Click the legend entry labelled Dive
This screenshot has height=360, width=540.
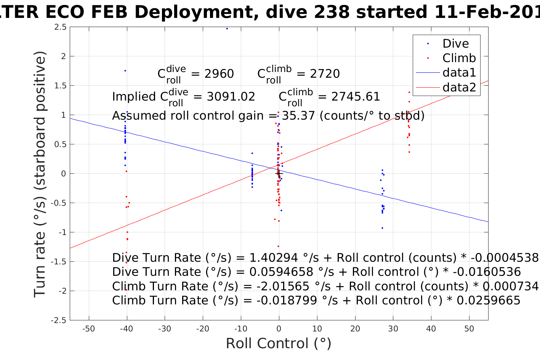[x=455, y=43]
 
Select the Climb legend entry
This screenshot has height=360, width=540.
[x=459, y=58]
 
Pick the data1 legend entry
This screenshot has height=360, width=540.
[x=459, y=72]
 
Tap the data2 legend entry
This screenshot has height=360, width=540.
[x=459, y=87]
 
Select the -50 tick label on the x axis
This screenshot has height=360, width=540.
[x=88, y=329]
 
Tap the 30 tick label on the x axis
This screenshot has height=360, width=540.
[x=393, y=329]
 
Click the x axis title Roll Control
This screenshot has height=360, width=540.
[x=279, y=344]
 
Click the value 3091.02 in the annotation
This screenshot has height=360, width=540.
[x=231, y=97]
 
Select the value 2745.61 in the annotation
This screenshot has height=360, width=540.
[x=356, y=97]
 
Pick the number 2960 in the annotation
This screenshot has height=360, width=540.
[x=219, y=74]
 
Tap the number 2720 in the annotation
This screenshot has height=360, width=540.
[x=325, y=74]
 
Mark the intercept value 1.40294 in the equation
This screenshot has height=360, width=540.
[x=274, y=258]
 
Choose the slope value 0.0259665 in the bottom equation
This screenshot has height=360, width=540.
[x=489, y=301]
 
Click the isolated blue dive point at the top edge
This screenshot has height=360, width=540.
[x=227, y=29]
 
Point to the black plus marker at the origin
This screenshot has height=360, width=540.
[x=279, y=174]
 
